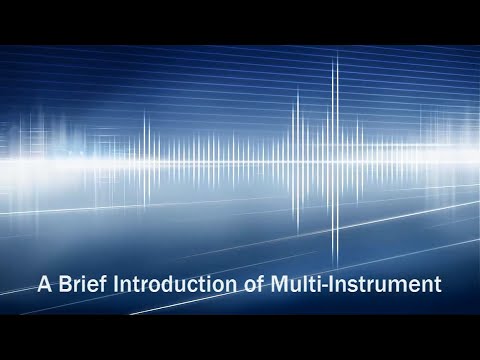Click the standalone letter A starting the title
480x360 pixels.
pyautogui.click(x=44, y=284)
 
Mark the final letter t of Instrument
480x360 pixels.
pyautogui.click(x=436, y=285)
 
